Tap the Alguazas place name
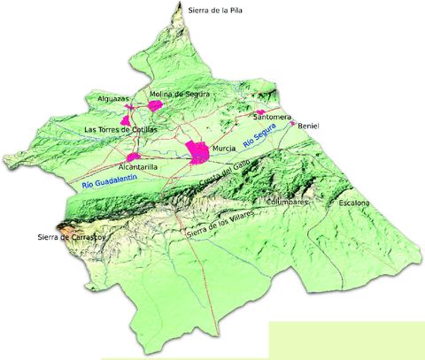point(114,99)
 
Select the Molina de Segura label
point(173,95)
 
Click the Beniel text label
point(308,126)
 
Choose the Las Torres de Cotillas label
point(120,129)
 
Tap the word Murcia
point(223,149)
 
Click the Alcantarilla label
point(137,166)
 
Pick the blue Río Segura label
point(260,135)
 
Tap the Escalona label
point(354,203)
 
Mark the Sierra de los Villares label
point(221,223)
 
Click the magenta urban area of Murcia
point(197,152)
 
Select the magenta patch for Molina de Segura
point(156,105)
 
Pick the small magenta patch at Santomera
point(260,112)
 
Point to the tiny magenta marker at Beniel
point(292,124)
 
